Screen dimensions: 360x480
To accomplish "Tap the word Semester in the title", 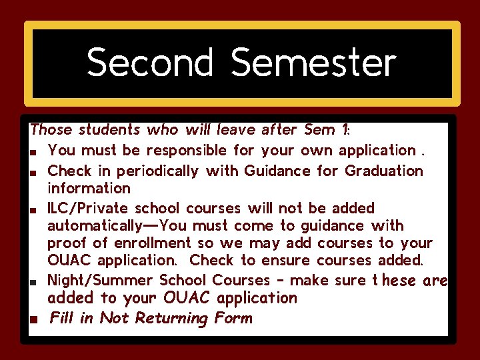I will pos(313,63).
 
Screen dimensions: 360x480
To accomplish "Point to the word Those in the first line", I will pos(52,129).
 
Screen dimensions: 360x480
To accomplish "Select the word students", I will pos(109,129).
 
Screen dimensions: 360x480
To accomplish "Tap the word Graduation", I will pos(384,171).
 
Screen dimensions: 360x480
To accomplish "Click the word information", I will pos(89,189).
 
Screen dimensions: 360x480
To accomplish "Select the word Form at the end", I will pos(233,319).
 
